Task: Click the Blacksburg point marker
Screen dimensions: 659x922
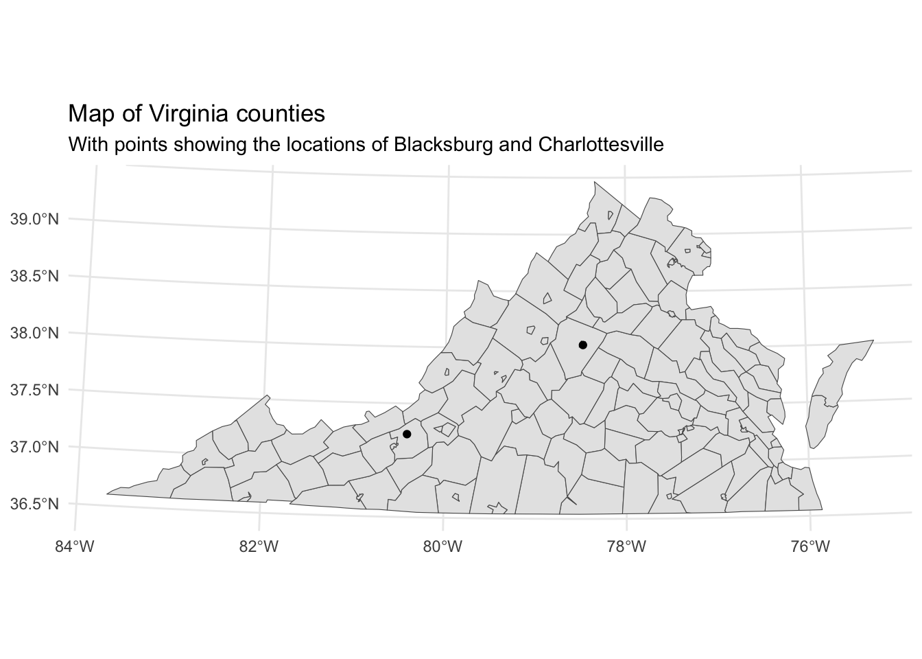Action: pyautogui.click(x=407, y=434)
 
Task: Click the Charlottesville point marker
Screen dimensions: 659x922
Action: pyautogui.click(x=582, y=345)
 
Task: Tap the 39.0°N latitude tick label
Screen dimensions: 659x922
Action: pyautogui.click(x=35, y=219)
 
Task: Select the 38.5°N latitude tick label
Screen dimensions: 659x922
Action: pyautogui.click(x=35, y=276)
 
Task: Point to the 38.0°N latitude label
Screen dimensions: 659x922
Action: pyautogui.click(x=35, y=333)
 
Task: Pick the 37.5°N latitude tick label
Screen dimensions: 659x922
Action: pyautogui.click(x=35, y=390)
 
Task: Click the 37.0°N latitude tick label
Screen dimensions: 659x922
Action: pyautogui.click(x=35, y=447)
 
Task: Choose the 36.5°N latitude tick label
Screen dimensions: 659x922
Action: pyautogui.click(x=35, y=504)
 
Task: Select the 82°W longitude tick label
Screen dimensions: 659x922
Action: pyautogui.click(x=259, y=546)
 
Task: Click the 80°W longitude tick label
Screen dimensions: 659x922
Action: pyautogui.click(x=443, y=546)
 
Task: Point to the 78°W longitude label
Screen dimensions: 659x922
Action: pyautogui.click(x=627, y=546)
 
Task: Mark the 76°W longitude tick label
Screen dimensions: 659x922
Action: pyautogui.click(x=811, y=546)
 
